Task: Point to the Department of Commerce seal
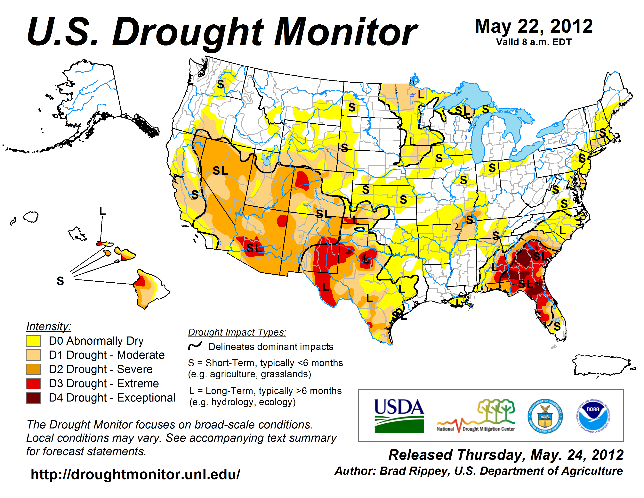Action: pyautogui.click(x=545, y=416)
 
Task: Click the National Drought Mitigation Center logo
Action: pyautogui.click(x=476, y=416)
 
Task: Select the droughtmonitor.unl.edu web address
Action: pyautogui.click(x=135, y=474)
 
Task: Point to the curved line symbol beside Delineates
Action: pyautogui.click(x=195, y=346)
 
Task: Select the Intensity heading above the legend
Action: pyautogui.click(x=49, y=326)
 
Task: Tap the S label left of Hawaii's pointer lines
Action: pyautogui.click(x=60, y=281)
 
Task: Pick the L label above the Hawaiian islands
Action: pyautogui.click(x=102, y=211)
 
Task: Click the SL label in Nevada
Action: pyautogui.click(x=220, y=170)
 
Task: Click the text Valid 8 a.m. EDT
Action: pyautogui.click(x=534, y=42)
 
